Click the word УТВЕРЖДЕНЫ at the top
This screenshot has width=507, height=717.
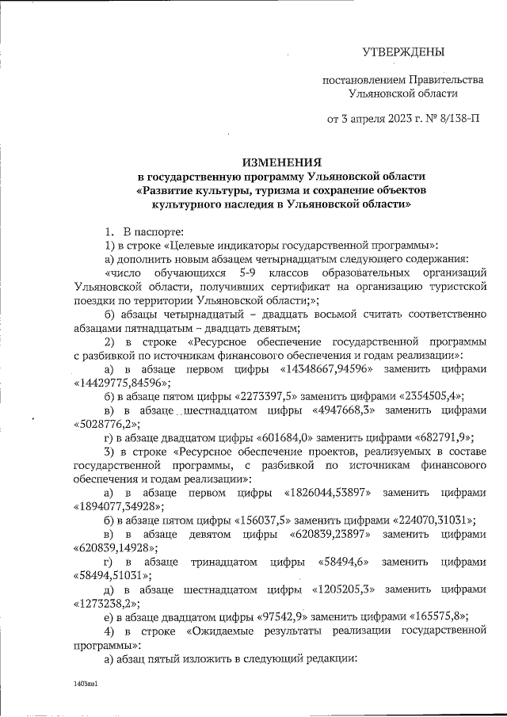(x=403, y=52)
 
